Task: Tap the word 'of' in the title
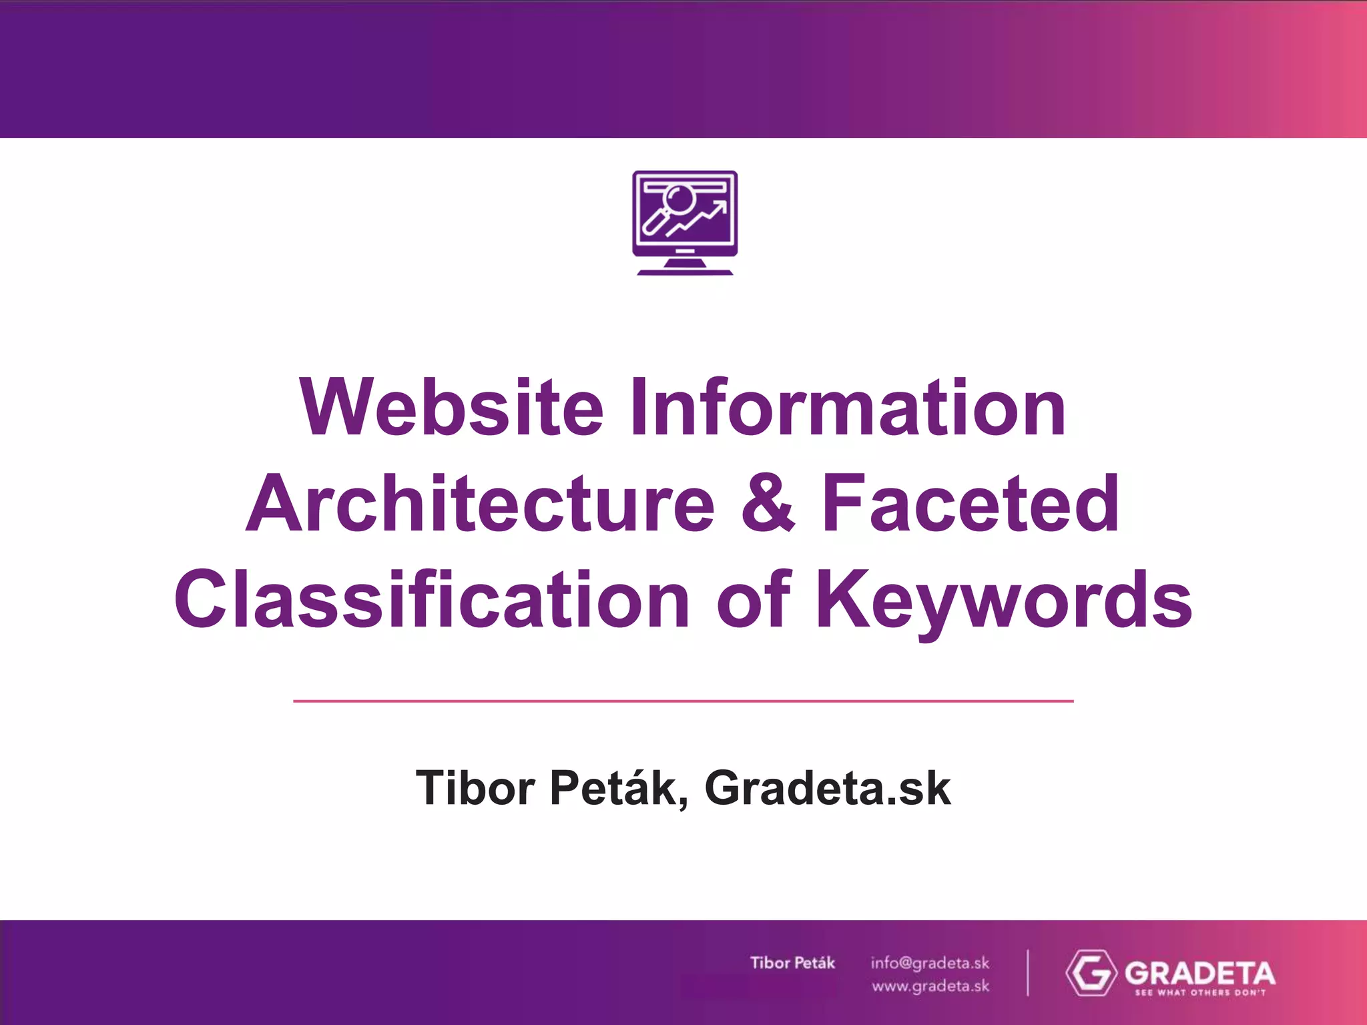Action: click(753, 600)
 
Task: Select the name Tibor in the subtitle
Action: click(475, 788)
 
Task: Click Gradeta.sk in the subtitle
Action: click(828, 788)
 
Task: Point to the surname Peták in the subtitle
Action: click(619, 788)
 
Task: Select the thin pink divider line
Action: click(683, 701)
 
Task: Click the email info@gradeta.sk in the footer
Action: click(930, 963)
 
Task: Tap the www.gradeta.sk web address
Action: click(930, 986)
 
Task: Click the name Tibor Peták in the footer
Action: click(792, 963)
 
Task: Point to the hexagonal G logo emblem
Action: click(1091, 973)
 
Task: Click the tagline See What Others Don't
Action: click(1200, 992)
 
